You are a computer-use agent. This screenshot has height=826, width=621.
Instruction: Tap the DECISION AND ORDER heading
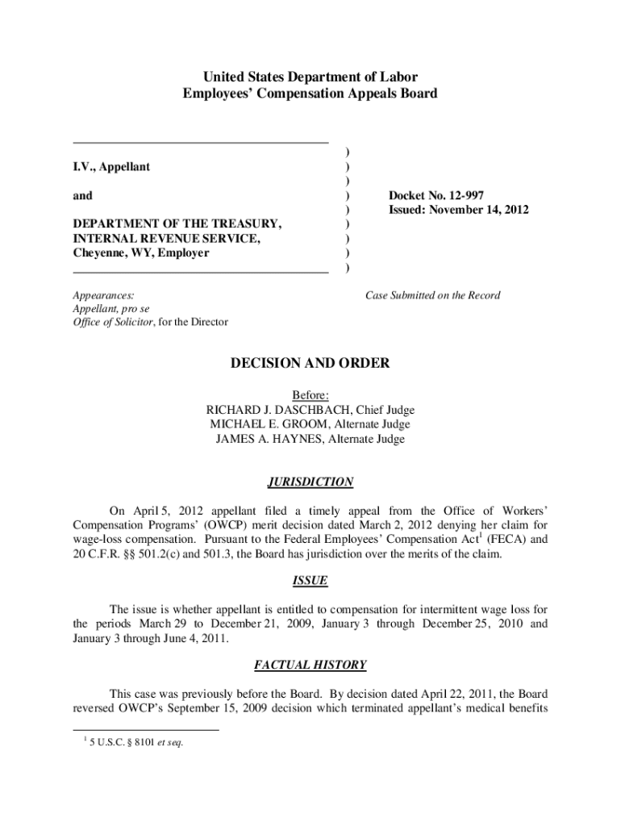pyautogui.click(x=310, y=364)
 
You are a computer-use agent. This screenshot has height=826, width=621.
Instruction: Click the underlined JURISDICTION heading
pyautogui.click(x=310, y=482)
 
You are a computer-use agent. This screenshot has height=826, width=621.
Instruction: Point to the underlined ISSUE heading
pyautogui.click(x=310, y=581)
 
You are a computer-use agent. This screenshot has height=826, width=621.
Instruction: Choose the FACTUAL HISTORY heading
pyautogui.click(x=310, y=665)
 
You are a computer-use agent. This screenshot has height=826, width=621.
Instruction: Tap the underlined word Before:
pyautogui.click(x=310, y=395)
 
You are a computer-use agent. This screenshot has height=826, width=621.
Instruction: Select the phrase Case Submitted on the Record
pyautogui.click(x=432, y=295)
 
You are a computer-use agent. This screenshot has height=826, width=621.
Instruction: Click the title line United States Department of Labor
pyautogui.click(x=310, y=77)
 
